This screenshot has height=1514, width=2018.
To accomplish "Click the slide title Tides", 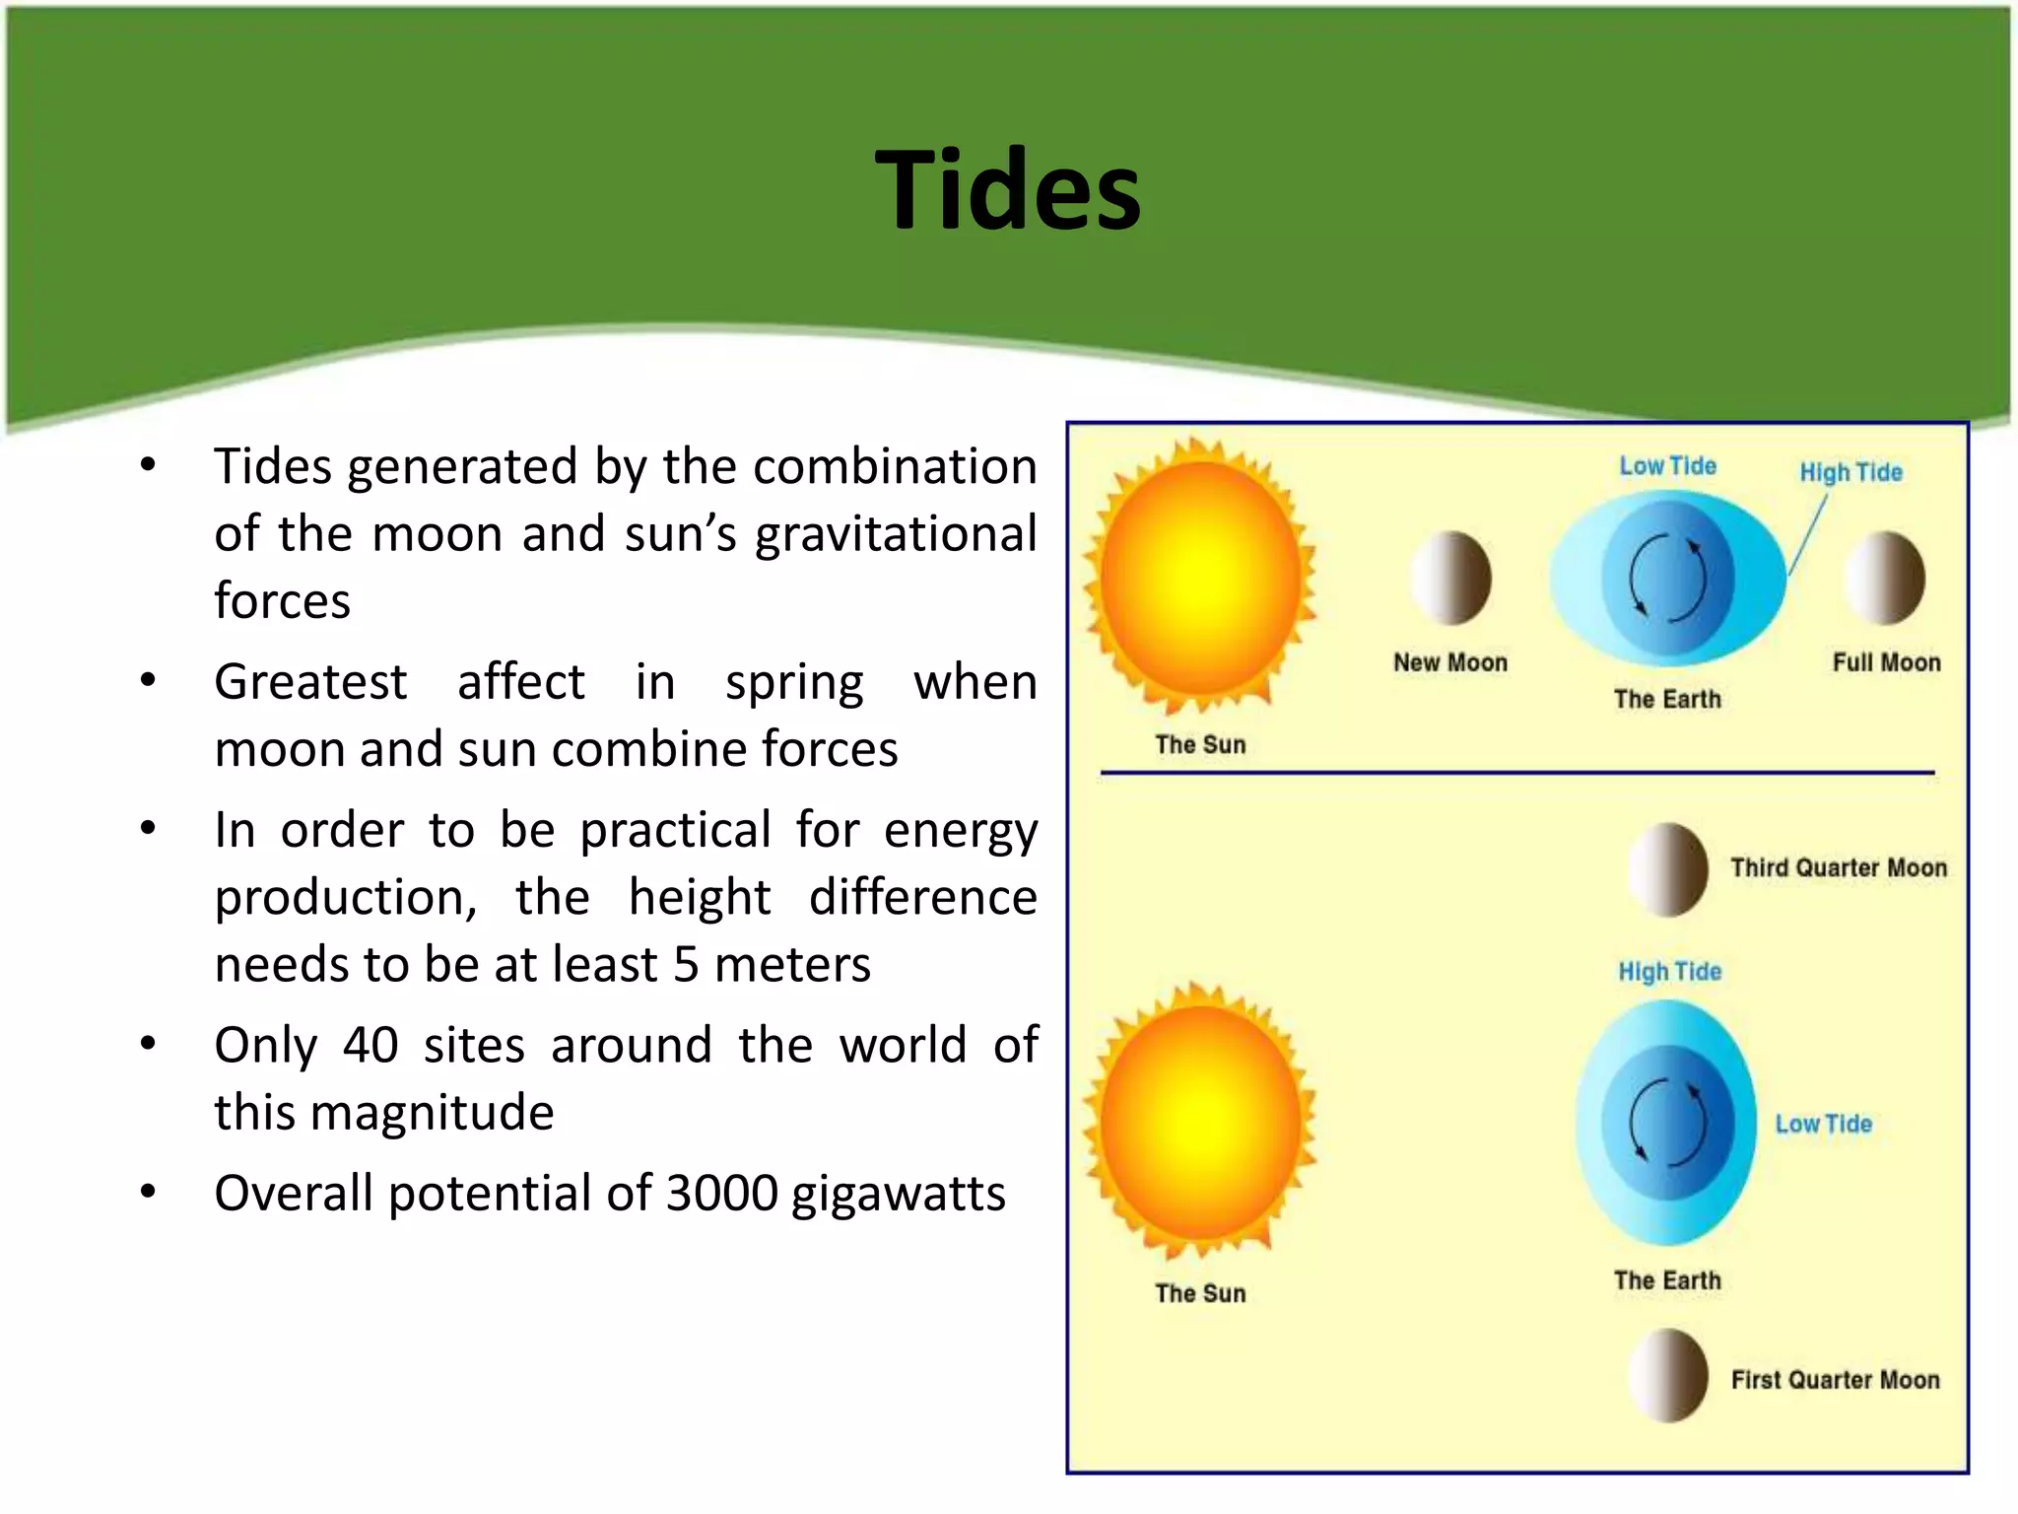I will (x=1007, y=190).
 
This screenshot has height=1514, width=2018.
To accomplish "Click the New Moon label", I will (x=1449, y=662).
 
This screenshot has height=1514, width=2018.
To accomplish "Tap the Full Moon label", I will (x=1886, y=662).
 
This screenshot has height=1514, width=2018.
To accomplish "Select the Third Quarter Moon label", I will (x=1839, y=867).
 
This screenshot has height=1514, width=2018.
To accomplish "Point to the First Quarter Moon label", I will (x=1835, y=1380).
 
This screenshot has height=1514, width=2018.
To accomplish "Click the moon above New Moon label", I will (x=1451, y=579).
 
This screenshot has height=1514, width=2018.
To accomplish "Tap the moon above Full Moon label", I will (x=1885, y=579).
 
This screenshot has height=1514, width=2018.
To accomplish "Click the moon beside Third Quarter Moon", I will (x=1668, y=869).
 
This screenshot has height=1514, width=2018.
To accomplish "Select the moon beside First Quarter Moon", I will (x=1668, y=1376).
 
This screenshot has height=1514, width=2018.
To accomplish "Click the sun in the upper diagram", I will (x=1200, y=577).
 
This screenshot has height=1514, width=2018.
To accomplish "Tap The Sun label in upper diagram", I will (x=1200, y=745).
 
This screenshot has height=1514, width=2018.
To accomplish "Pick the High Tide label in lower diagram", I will (x=1669, y=972).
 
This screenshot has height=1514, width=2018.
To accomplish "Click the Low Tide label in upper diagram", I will (x=1667, y=466).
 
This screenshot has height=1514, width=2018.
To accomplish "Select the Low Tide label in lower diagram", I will (x=1823, y=1124).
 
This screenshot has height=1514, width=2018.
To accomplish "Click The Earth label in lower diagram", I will (x=1667, y=1280).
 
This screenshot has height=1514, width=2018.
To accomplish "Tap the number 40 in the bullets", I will (x=370, y=1045).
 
